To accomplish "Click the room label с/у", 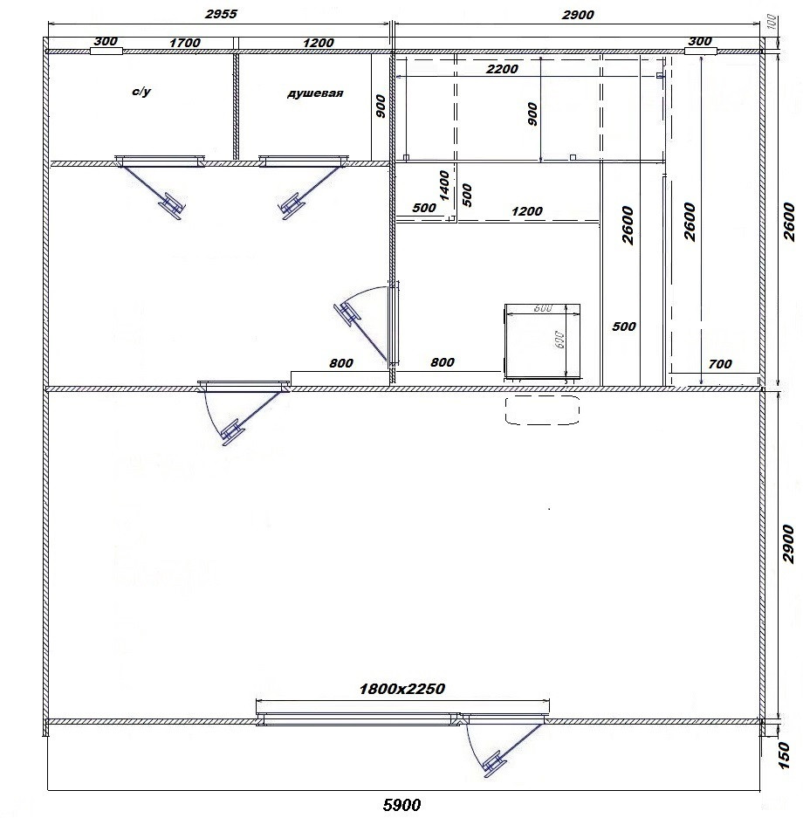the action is coord(141,92).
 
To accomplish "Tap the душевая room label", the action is coord(315,93).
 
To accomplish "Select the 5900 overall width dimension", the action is coord(401,805).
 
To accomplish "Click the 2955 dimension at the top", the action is coord(221,14).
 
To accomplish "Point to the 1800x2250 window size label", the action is coord(402,689).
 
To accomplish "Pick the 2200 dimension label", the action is coord(502,69).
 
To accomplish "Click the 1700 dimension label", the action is coord(184,43).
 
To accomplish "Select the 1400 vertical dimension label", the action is coord(444,186).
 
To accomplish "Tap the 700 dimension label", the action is coord(719,364).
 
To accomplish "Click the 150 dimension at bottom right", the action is coord(784,756).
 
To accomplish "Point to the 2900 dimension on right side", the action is coord(788,544).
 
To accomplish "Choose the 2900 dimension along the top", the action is coord(578,15).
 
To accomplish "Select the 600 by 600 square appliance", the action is coord(542,341).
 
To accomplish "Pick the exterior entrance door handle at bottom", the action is coord(493,763).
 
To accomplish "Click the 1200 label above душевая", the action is coord(318,43).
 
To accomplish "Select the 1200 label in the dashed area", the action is coord(526,211).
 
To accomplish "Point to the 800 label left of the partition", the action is coord(341,363).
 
